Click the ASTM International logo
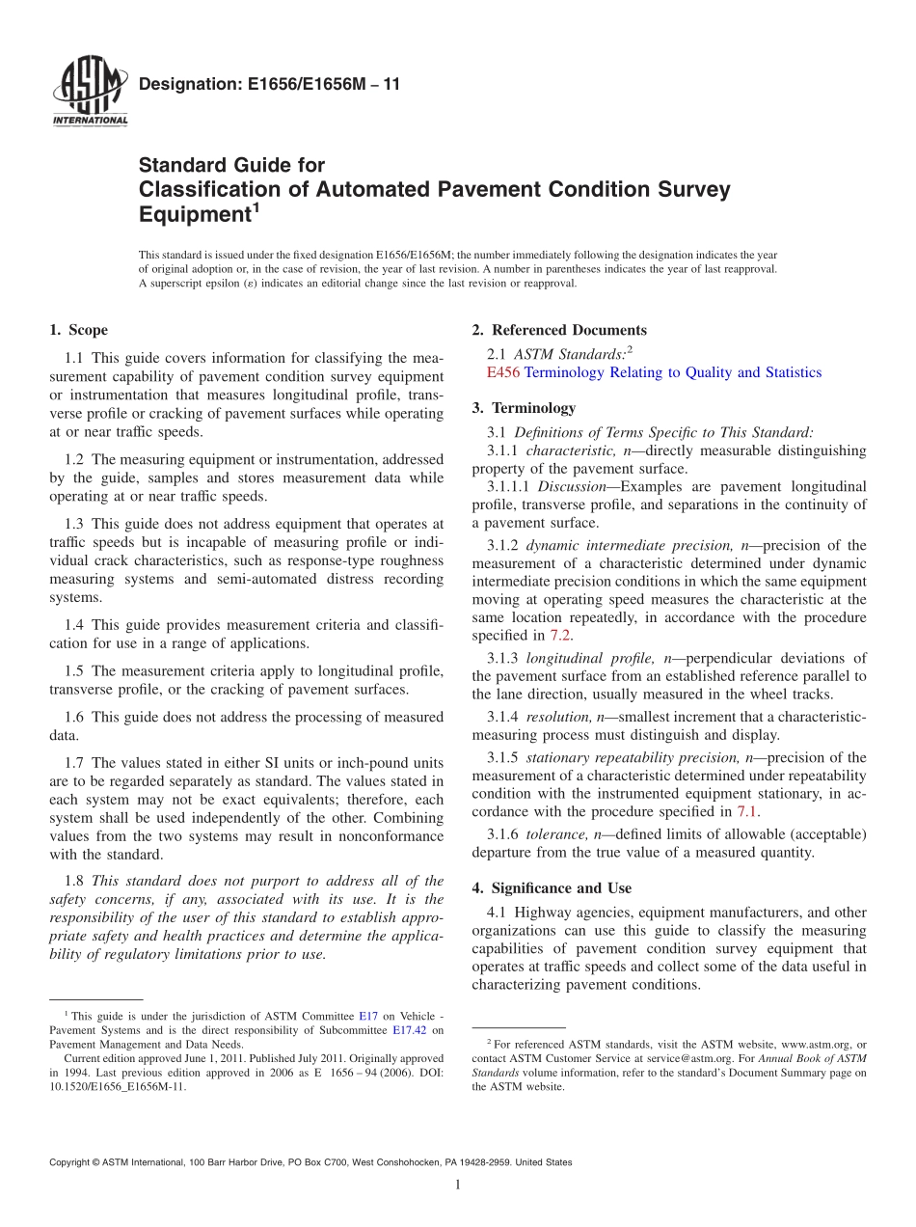[90, 93]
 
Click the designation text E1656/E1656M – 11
[269, 85]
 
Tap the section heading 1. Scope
[79, 331]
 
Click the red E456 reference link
[503, 372]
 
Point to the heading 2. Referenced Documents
[559, 331]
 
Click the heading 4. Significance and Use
[552, 888]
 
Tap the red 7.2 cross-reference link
[560, 636]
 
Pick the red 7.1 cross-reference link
[747, 811]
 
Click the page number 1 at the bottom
[458, 1186]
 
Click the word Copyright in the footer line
[73, 1162]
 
